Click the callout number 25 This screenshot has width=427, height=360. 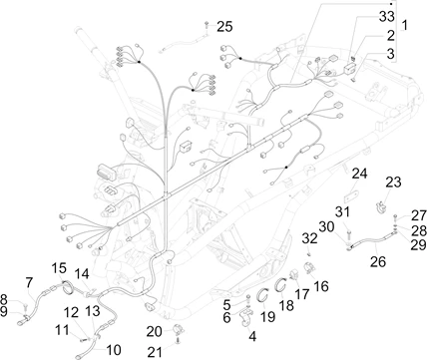(224, 27)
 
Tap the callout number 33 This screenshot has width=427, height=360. (387, 16)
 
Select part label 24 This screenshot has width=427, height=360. (359, 174)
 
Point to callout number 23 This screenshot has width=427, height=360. (393, 182)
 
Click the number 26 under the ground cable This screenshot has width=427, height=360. (378, 261)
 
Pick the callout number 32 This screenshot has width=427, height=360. (310, 238)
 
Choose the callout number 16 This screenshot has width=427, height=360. (321, 286)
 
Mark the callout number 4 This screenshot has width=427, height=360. (252, 337)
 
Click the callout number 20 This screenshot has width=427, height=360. (155, 331)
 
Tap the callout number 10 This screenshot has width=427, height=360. (113, 350)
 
